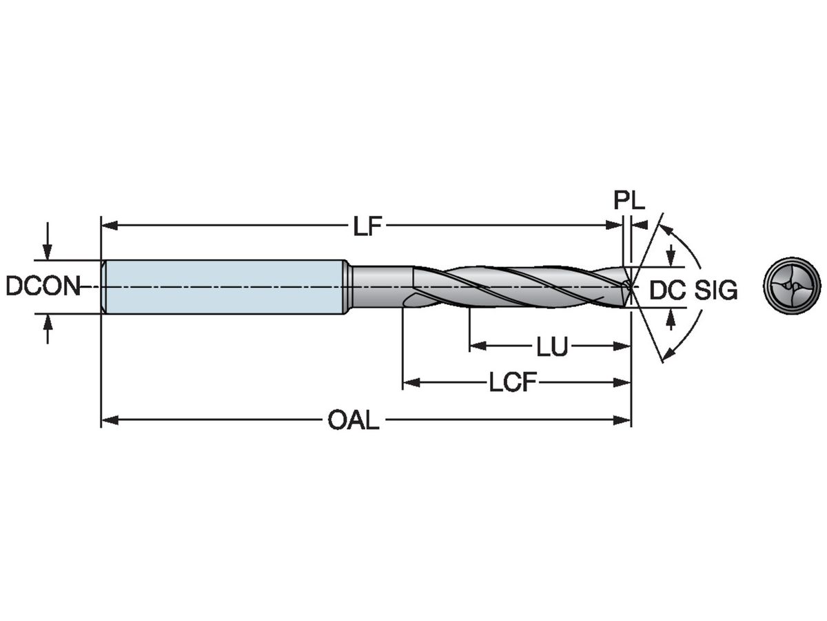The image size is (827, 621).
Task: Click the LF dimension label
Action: [367, 226]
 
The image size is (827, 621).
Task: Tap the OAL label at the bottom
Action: [354, 420]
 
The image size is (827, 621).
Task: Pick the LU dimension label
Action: [552, 347]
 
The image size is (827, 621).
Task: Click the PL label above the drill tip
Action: [629, 201]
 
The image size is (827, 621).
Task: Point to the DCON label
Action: [43, 286]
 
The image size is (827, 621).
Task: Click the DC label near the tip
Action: [667, 291]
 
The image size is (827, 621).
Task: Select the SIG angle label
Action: [715, 291]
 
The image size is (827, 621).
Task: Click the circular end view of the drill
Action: [792, 285]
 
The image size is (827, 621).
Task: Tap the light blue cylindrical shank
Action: [224, 286]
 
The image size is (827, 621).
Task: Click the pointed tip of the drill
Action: [631, 286]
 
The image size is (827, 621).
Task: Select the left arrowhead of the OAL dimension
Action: [109, 420]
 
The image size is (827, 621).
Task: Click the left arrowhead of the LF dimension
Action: [109, 225]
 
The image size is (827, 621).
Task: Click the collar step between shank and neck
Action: [349, 286]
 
